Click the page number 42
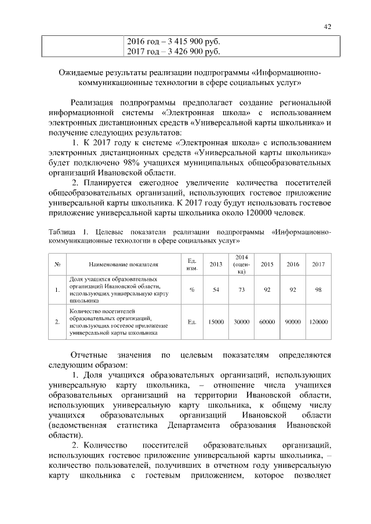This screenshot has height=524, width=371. click(x=328, y=27)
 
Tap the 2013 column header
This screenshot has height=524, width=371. click(x=216, y=264)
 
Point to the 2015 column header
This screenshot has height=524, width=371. click(x=267, y=264)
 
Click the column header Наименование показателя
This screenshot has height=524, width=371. click(x=123, y=265)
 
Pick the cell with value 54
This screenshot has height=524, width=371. click(x=216, y=290)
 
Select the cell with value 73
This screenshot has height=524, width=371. click(x=242, y=290)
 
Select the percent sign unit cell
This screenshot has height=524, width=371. click(x=191, y=290)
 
